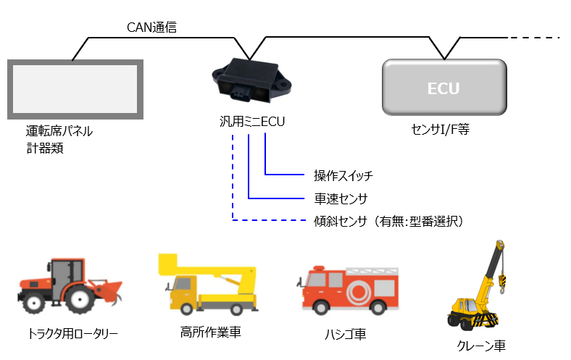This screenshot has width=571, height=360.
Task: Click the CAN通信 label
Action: [151, 28]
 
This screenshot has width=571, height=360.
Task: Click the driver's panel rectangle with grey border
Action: [75, 89]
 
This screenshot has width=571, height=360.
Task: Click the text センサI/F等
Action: [442, 130]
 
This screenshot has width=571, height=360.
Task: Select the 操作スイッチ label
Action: [343, 175]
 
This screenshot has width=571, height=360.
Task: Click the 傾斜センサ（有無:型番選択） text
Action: [388, 219]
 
